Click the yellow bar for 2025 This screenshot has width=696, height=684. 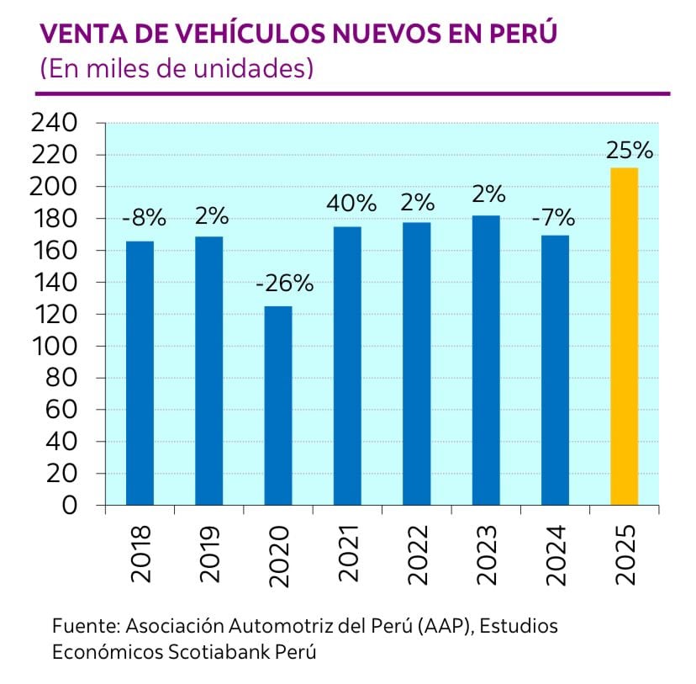pyautogui.click(x=624, y=337)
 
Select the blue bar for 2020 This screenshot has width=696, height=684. pyautogui.click(x=278, y=406)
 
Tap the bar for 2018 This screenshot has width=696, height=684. pyautogui.click(x=140, y=373)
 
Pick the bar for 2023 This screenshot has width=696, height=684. pyautogui.click(x=486, y=360)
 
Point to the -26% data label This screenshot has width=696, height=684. pyautogui.click(x=284, y=284)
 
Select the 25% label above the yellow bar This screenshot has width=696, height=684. pyautogui.click(x=629, y=151)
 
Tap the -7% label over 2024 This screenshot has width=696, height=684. pyautogui.click(x=553, y=218)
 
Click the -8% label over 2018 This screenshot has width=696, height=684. pyautogui.click(x=143, y=218)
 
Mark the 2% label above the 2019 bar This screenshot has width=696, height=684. pyautogui.click(x=212, y=216)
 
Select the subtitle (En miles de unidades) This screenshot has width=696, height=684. pyautogui.click(x=177, y=68)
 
